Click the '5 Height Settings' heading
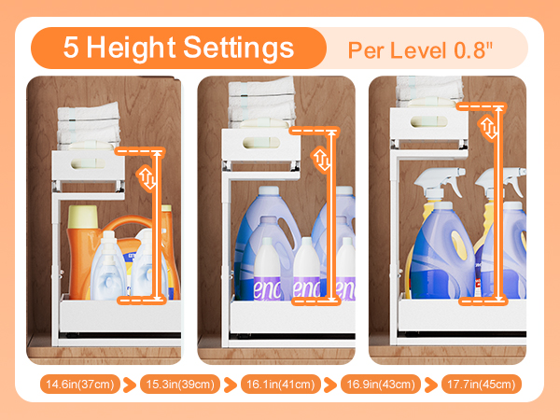pyautogui.click(x=177, y=49)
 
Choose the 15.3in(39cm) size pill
pyautogui.click(x=182, y=385)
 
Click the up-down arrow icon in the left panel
pyautogui.click(x=147, y=178)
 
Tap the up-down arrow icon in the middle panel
pyautogui.click(x=320, y=160)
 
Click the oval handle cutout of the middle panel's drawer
pyautogui.click(x=259, y=143)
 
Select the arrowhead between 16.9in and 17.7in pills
pyautogui.click(x=431, y=385)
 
